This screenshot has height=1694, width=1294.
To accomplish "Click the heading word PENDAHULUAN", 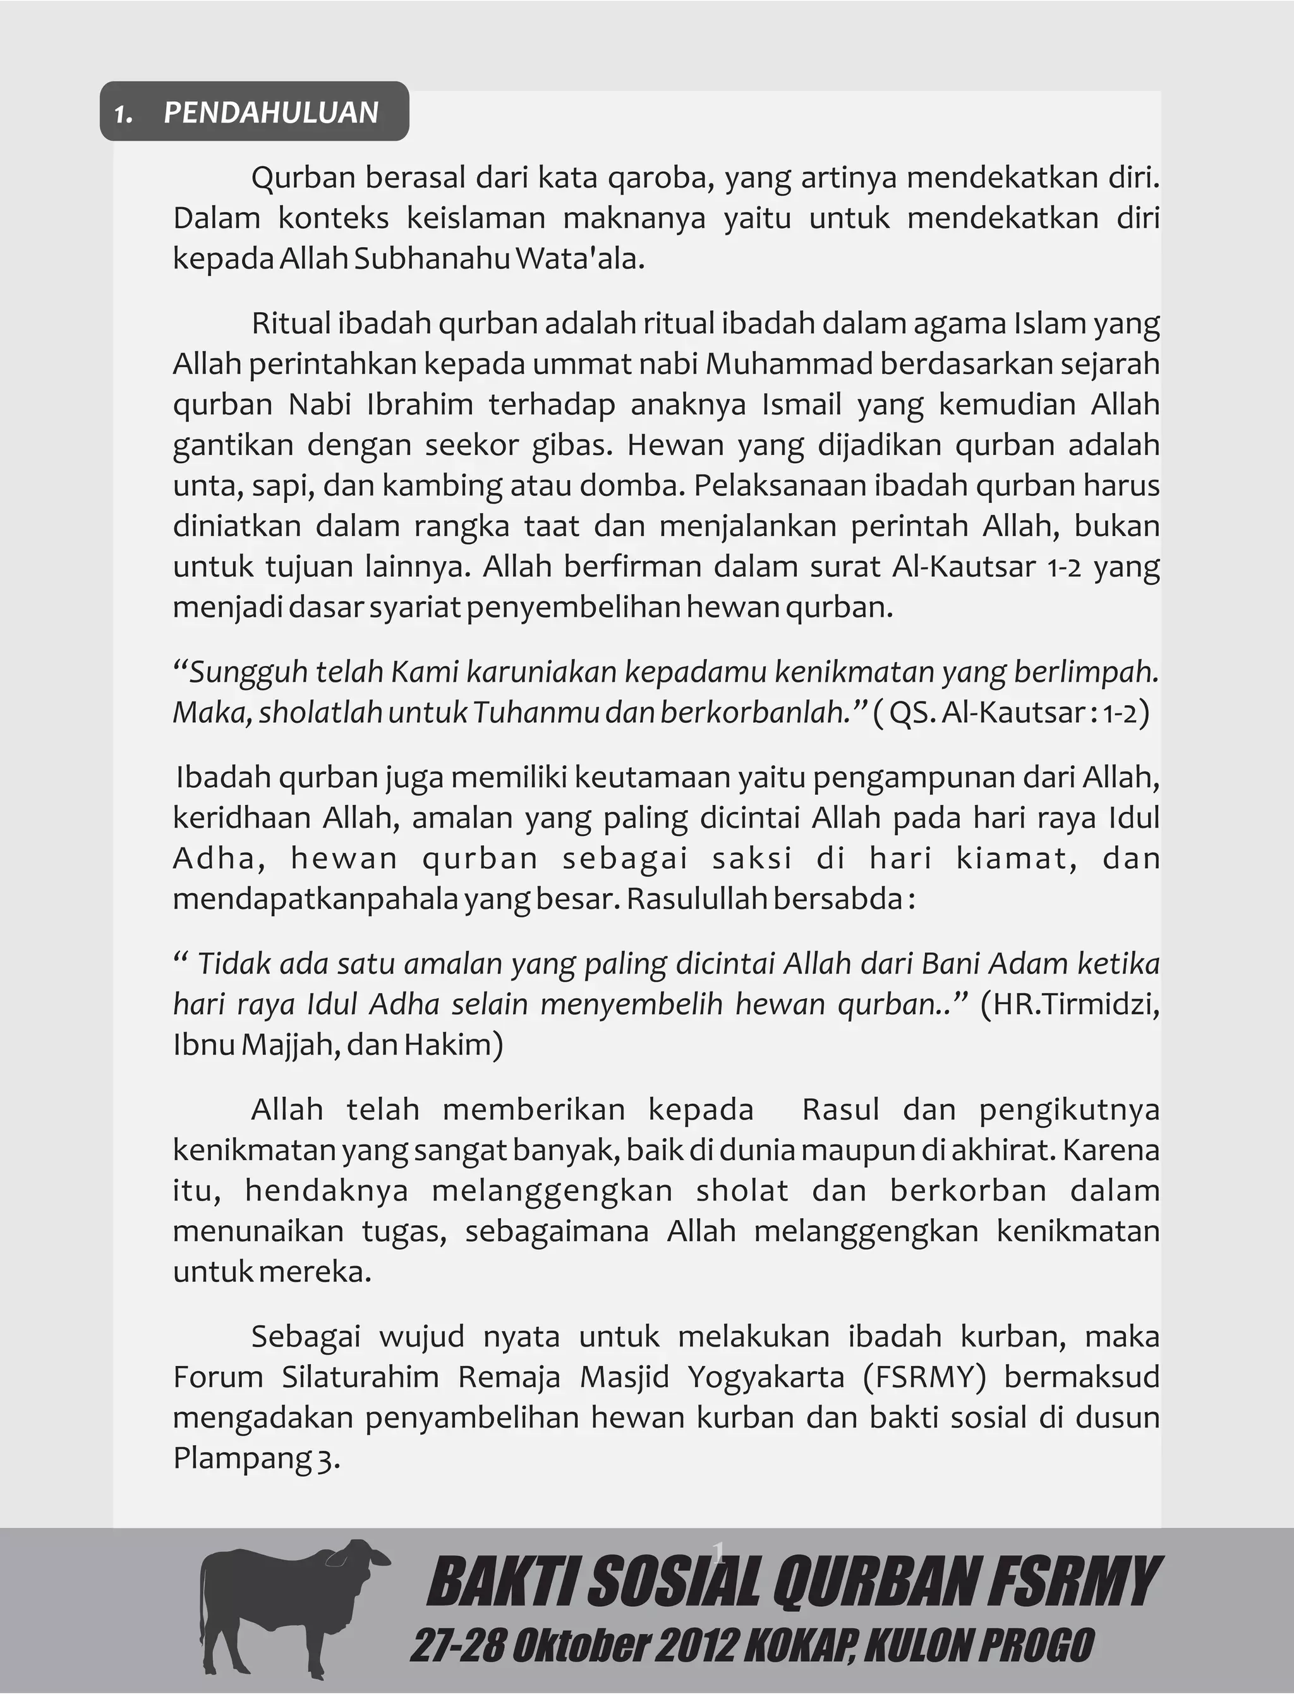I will pyautogui.click(x=271, y=113).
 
